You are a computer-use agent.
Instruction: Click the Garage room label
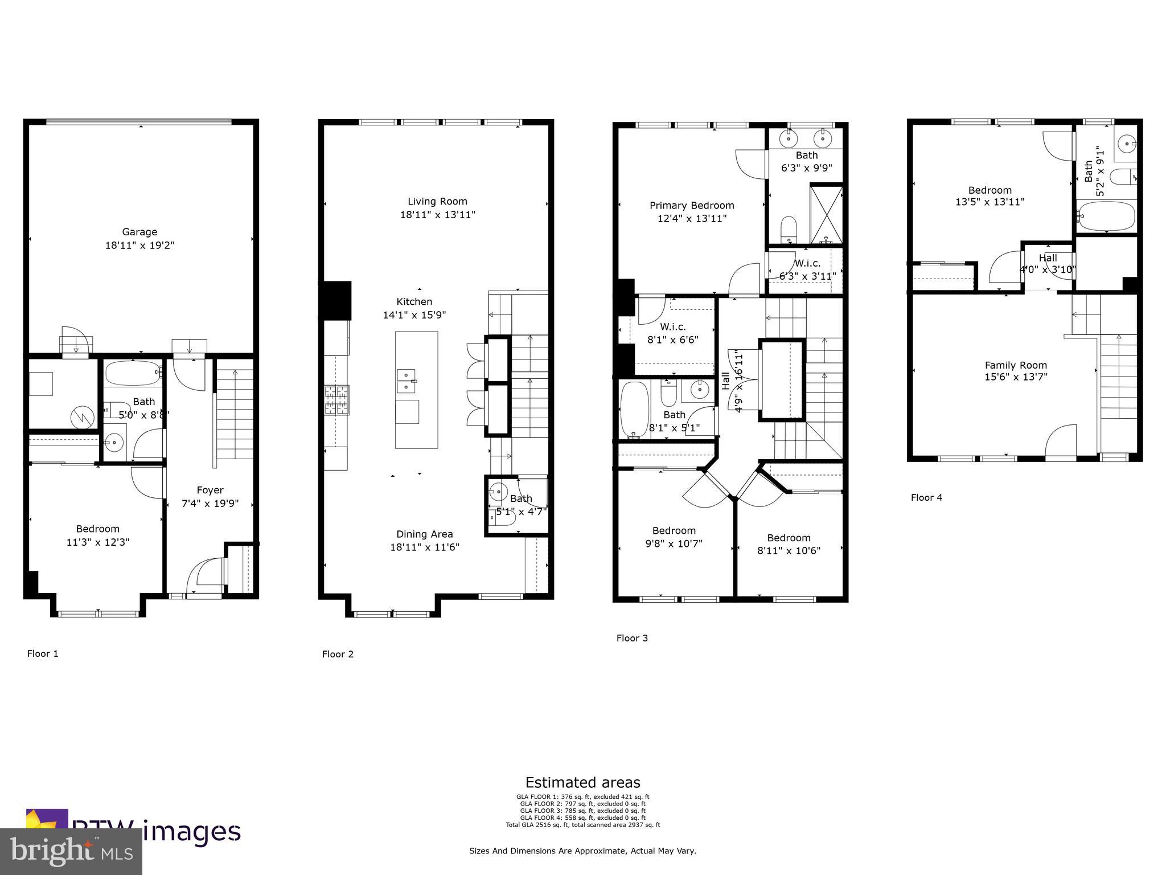pos(139,232)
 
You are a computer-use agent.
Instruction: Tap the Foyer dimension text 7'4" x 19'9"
pos(210,504)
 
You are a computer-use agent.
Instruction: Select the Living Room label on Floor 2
pos(437,201)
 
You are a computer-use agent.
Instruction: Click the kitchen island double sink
pos(407,381)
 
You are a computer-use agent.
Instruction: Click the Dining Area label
pos(425,534)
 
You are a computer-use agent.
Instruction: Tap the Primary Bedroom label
pos(692,205)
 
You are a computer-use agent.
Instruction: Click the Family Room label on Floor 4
pos(1016,365)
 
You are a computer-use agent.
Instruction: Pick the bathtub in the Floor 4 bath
pos(1107,216)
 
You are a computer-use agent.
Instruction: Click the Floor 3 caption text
pos(632,638)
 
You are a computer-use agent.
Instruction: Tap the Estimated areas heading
pos(582,782)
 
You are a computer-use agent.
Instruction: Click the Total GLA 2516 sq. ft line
pos(582,824)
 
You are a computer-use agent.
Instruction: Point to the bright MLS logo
pos(71,851)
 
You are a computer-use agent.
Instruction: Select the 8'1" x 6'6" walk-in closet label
pos(672,340)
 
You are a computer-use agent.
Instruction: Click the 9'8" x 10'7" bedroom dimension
pos(674,543)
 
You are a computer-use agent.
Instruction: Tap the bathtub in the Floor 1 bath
pos(133,373)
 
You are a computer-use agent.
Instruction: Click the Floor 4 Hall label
pos(1048,257)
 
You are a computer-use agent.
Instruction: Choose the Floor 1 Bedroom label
pos(98,529)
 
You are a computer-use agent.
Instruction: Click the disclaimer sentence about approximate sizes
pos(582,851)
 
